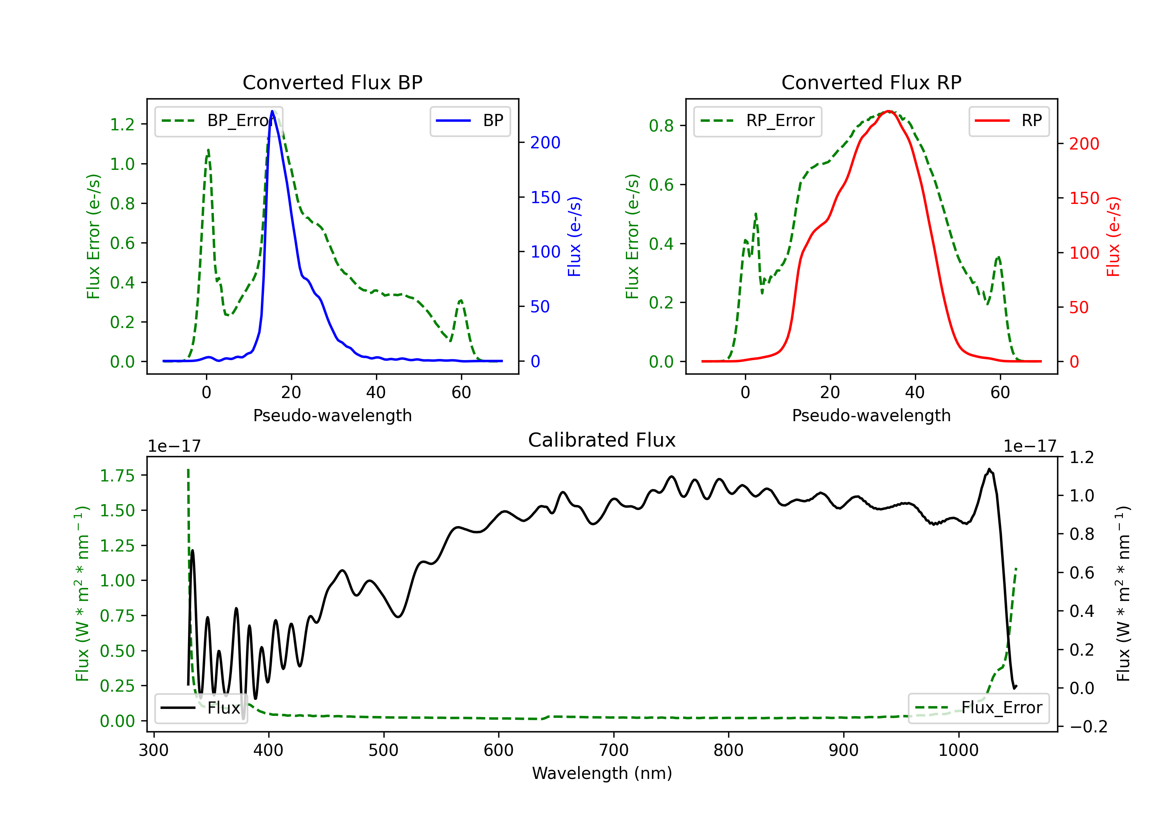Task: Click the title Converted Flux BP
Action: (x=333, y=82)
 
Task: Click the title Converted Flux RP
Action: (x=871, y=82)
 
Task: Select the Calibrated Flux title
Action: (x=602, y=440)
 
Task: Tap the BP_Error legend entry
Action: (x=215, y=121)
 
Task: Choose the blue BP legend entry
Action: (x=470, y=121)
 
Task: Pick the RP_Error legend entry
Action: (x=757, y=121)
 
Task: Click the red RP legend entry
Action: (x=1009, y=121)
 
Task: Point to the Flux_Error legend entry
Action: (x=978, y=708)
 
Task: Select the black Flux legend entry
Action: (x=201, y=708)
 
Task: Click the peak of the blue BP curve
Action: (x=272, y=111)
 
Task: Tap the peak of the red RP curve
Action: (x=889, y=111)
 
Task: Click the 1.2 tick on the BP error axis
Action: (x=122, y=124)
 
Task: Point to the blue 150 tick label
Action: (x=546, y=197)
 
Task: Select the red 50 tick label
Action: (x=1079, y=307)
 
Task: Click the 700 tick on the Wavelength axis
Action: (x=614, y=750)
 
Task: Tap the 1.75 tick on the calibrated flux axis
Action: (x=117, y=476)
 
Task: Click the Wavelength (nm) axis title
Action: (x=602, y=773)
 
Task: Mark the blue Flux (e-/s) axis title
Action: (x=575, y=236)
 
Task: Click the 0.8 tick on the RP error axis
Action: (x=661, y=125)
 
